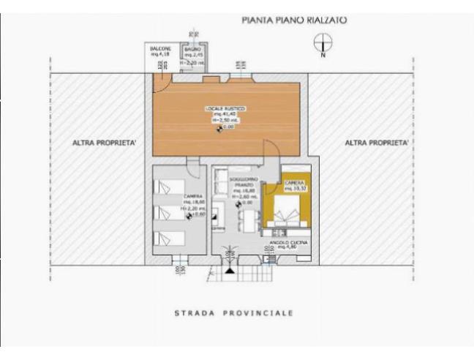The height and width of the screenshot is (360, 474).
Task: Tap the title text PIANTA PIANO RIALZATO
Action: pyautogui.click(x=294, y=20)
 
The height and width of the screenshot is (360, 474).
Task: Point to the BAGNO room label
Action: pyautogui.click(x=192, y=51)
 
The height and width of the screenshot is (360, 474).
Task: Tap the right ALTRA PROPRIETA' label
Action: pyautogui.click(x=376, y=143)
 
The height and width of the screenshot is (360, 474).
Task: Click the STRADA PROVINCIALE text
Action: pyautogui.click(x=234, y=313)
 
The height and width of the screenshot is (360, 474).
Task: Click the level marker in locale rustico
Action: pyautogui.click(x=219, y=130)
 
